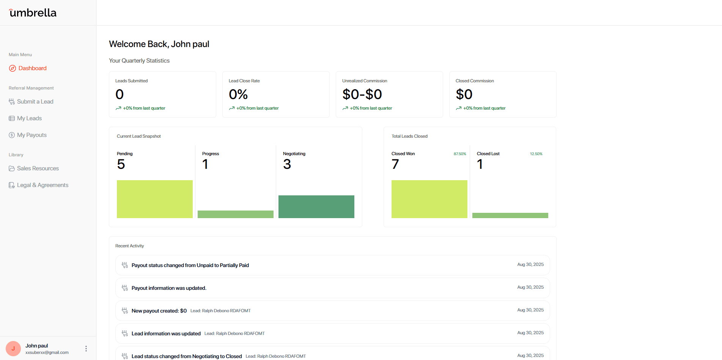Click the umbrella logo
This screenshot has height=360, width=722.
[x=33, y=13]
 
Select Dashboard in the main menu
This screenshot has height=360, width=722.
[x=32, y=68]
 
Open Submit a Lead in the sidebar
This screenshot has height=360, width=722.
[x=35, y=102]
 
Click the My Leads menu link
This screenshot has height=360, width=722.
[x=29, y=118]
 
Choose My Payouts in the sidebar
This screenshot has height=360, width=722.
[x=31, y=135]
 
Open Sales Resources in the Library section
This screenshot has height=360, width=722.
[x=38, y=168]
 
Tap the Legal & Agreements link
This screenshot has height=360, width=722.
[x=42, y=185]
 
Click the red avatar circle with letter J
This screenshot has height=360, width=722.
[x=13, y=349]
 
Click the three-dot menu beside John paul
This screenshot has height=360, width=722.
[x=86, y=349]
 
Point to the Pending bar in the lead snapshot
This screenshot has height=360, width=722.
[x=155, y=199]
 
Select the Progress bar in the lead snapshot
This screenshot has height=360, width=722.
[x=236, y=214]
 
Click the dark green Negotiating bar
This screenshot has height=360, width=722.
[x=316, y=207]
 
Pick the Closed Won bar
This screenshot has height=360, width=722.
[x=429, y=199]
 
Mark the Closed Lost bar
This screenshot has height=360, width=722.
[x=510, y=215]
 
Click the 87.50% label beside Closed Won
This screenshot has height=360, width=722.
[x=460, y=154]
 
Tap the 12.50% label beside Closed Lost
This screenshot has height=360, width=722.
[x=536, y=154]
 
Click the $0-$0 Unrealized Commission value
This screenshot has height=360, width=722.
[x=362, y=94]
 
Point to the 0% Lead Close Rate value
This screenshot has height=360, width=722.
[x=238, y=94]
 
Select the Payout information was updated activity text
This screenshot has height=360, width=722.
[x=169, y=288]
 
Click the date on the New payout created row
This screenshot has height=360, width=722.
[x=530, y=310]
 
